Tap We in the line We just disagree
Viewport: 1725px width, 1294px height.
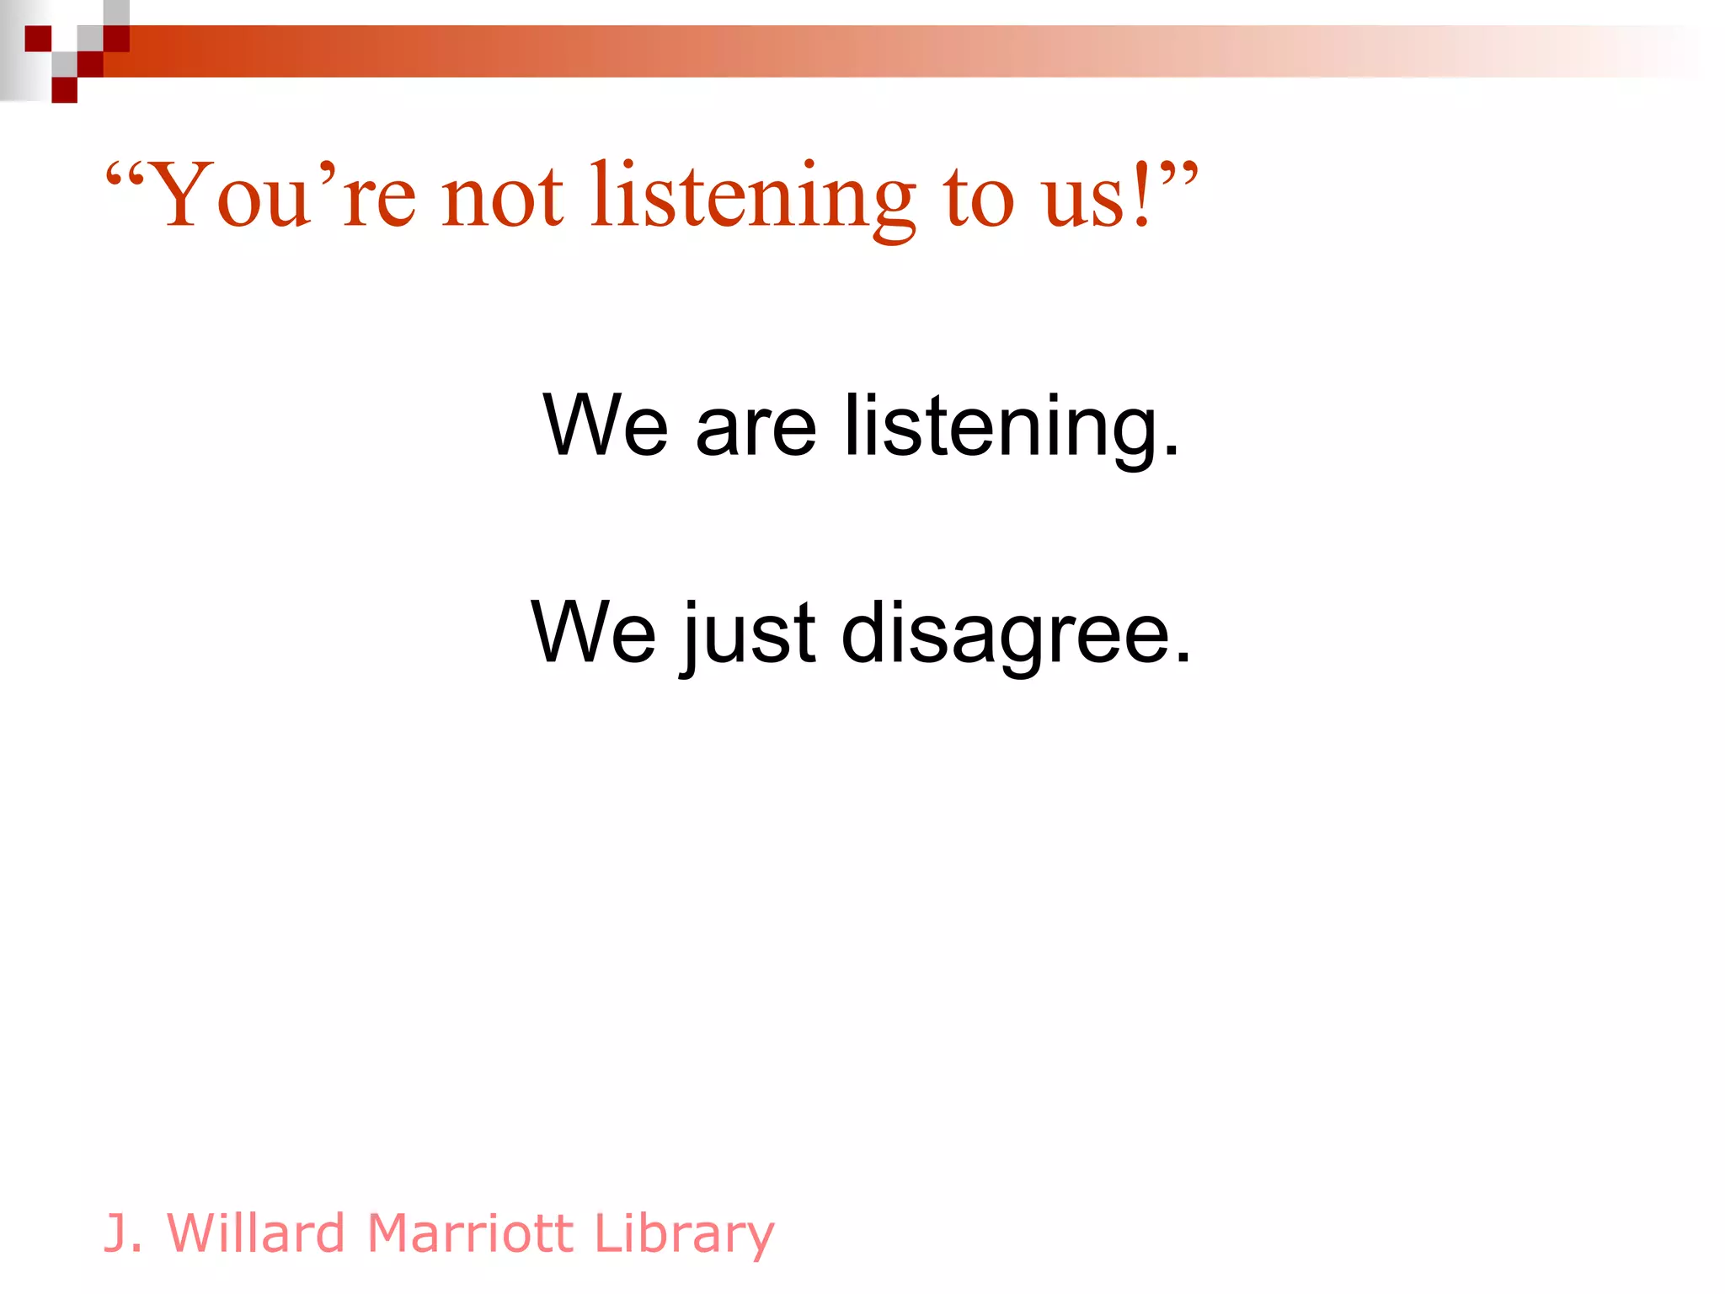(593, 633)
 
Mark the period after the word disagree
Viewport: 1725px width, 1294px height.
(1183, 657)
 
